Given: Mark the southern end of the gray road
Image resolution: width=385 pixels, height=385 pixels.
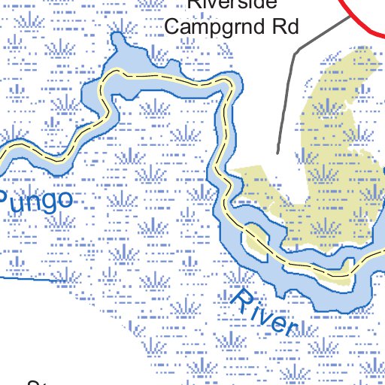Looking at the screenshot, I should point(277,153).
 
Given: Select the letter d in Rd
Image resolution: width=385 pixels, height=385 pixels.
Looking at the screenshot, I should point(293,27).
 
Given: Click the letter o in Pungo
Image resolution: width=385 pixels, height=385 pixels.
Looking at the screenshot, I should point(65,199).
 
